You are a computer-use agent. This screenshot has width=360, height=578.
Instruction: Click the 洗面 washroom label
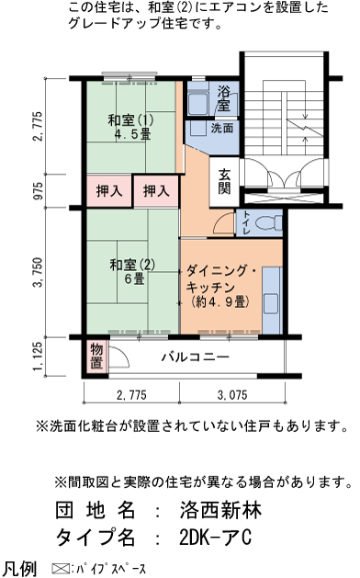222,129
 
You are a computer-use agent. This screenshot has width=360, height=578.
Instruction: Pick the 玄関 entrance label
224,180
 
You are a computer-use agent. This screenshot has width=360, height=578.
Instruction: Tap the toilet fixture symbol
266,223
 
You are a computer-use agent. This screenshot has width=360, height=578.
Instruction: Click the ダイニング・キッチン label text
225,286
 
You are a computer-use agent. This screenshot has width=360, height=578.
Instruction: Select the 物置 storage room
96,356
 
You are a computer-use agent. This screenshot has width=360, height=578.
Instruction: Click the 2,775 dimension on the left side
37,127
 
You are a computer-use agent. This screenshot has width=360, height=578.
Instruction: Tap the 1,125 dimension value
37,357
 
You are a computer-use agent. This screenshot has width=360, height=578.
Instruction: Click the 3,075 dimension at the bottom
231,395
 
